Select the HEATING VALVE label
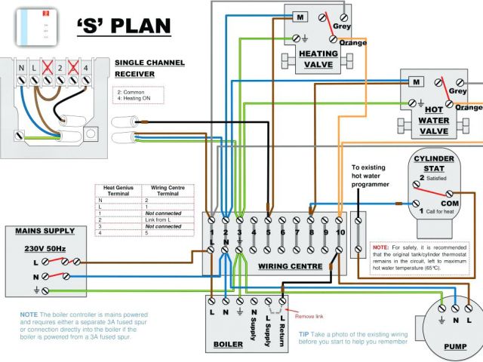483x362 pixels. pos(318,59)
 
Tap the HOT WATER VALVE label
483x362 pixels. pos(433,121)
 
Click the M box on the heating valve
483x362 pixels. pos(300,17)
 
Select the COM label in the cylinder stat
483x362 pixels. pos(451,204)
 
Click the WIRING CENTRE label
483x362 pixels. pos(287,266)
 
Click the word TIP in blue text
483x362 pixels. pos(304,333)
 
